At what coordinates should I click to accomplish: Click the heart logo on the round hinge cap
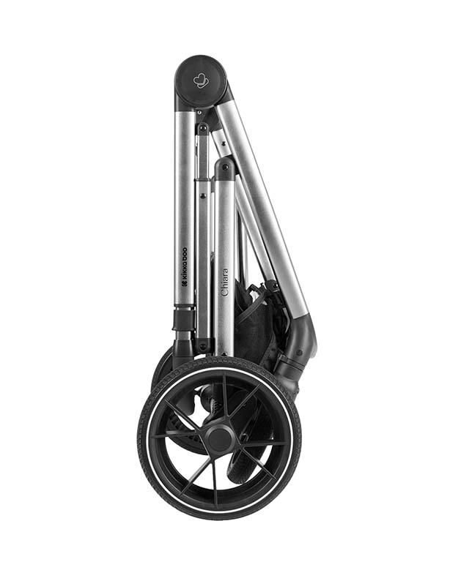coord(201,80)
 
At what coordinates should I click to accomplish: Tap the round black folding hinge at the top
coord(201,80)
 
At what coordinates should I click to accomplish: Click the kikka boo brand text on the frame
coord(184,264)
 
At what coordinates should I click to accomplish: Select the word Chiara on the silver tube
coord(225,282)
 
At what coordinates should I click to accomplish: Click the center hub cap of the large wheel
coord(219,438)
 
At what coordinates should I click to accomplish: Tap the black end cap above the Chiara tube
coord(225,168)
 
